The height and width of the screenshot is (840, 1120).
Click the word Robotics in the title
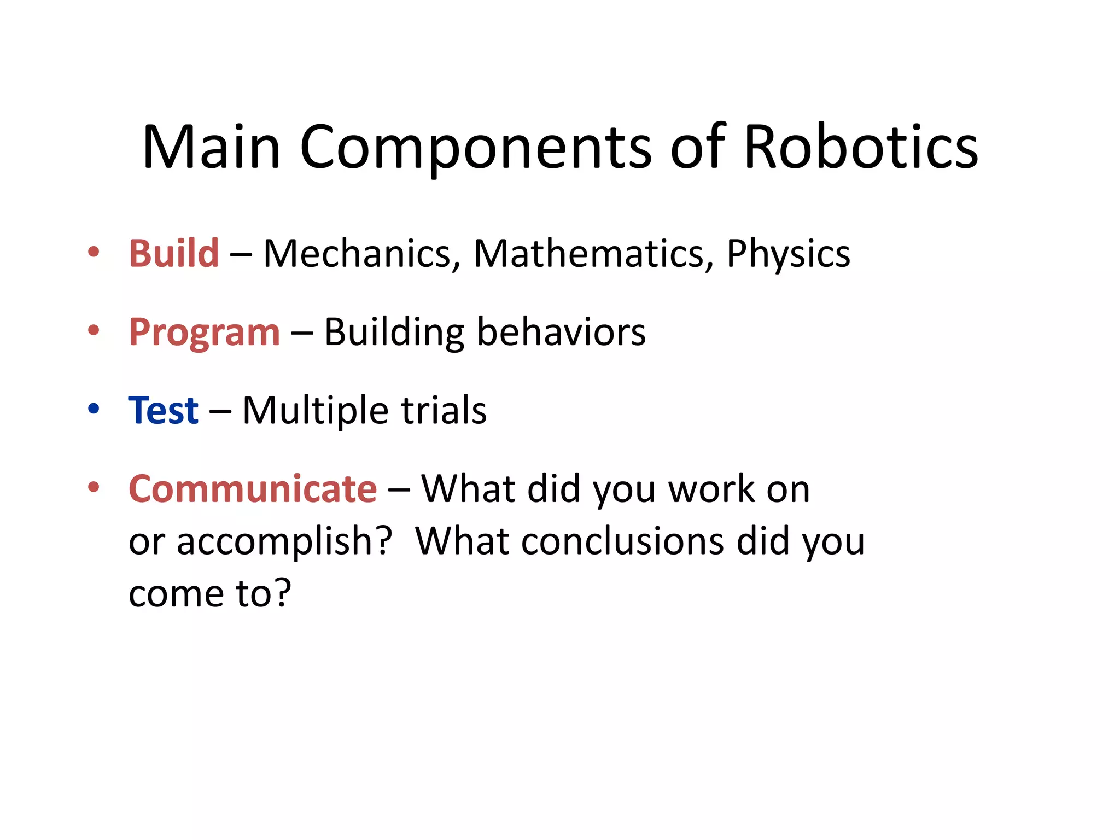861,147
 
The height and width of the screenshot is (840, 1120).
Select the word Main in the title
211,147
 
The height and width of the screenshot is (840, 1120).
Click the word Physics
788,254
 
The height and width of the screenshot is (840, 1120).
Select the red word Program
204,332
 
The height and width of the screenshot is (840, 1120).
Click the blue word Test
163,410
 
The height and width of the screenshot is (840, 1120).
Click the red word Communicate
253,488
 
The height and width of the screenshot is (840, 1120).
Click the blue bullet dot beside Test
94,409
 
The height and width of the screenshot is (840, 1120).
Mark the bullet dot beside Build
94,252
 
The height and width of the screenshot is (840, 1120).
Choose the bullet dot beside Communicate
94,486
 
